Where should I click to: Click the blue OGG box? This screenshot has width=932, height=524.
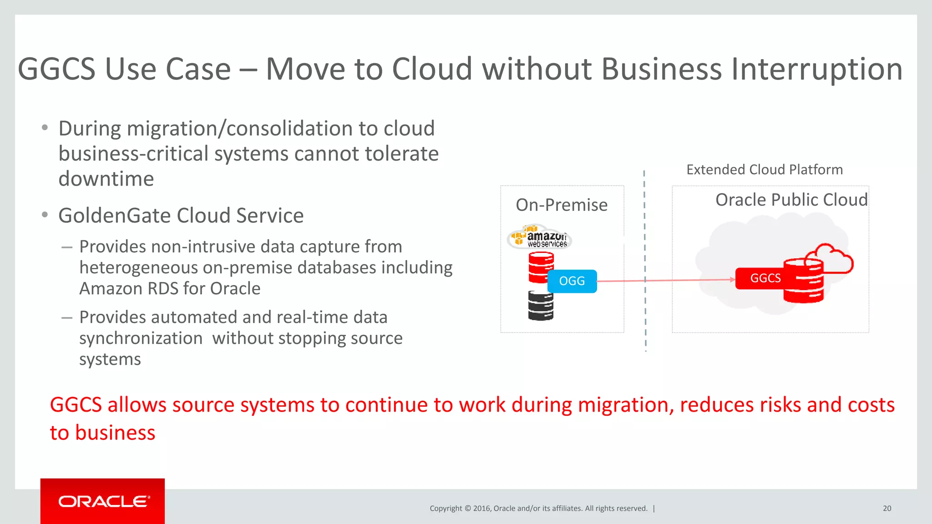pyautogui.click(x=572, y=281)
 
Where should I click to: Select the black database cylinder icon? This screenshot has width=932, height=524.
pyautogui.click(x=541, y=306)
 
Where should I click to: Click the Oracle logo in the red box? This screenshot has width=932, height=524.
pyautogui.click(x=103, y=501)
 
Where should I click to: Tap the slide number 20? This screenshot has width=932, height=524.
pyautogui.click(x=887, y=509)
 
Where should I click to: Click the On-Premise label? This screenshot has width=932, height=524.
pyautogui.click(x=562, y=205)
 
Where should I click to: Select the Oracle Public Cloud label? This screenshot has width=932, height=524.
pyautogui.click(x=791, y=200)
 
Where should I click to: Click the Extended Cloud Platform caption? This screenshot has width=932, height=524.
pyautogui.click(x=765, y=170)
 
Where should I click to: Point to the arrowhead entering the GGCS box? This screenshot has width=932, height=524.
pyautogui.click(x=732, y=279)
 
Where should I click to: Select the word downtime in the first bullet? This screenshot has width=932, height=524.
pyautogui.click(x=106, y=179)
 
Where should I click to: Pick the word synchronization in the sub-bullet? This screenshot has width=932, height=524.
pyautogui.click(x=141, y=338)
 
